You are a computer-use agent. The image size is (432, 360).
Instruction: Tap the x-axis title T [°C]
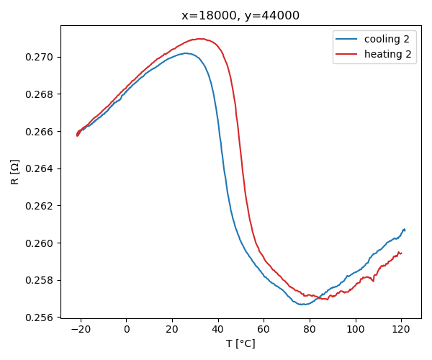coord(240,343)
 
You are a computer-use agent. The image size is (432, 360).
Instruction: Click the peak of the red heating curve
coord(197,39)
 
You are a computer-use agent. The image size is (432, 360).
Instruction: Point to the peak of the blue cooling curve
coord(186,53)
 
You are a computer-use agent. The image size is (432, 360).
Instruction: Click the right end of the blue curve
coord(405,230)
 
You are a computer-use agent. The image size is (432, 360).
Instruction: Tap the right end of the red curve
coord(401,253)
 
